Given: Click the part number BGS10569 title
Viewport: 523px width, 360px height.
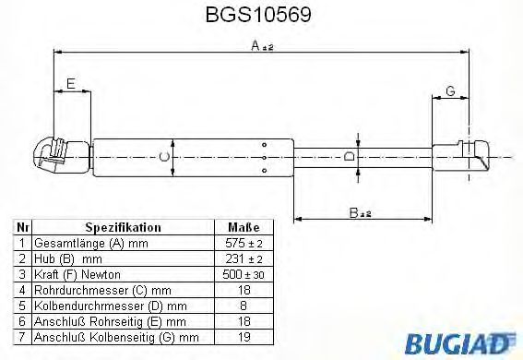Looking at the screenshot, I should [x=262, y=16].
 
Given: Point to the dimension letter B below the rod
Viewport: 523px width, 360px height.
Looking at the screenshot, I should [x=357, y=212].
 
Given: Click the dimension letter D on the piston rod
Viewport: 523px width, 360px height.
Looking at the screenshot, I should [x=348, y=158].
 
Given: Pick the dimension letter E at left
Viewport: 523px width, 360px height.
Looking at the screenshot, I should [x=71, y=85].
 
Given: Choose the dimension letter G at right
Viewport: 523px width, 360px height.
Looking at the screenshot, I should [x=449, y=90].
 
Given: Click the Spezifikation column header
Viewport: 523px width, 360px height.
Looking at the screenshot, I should [x=124, y=227].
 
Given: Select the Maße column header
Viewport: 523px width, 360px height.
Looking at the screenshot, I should [x=244, y=227].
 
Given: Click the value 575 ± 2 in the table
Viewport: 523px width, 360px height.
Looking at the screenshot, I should [x=244, y=242].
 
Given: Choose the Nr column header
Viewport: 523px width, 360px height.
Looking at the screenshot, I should [x=22, y=227].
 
